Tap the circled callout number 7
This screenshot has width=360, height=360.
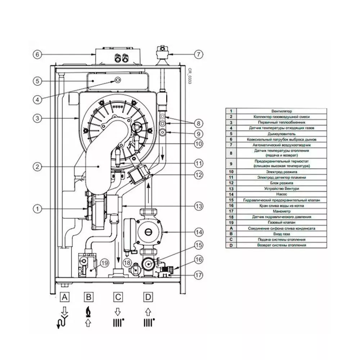click(198, 55)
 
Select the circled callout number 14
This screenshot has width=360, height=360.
click(198, 232)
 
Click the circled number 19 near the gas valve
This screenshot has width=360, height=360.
click(104, 263)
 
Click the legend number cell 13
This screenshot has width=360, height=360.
click(231, 189)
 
